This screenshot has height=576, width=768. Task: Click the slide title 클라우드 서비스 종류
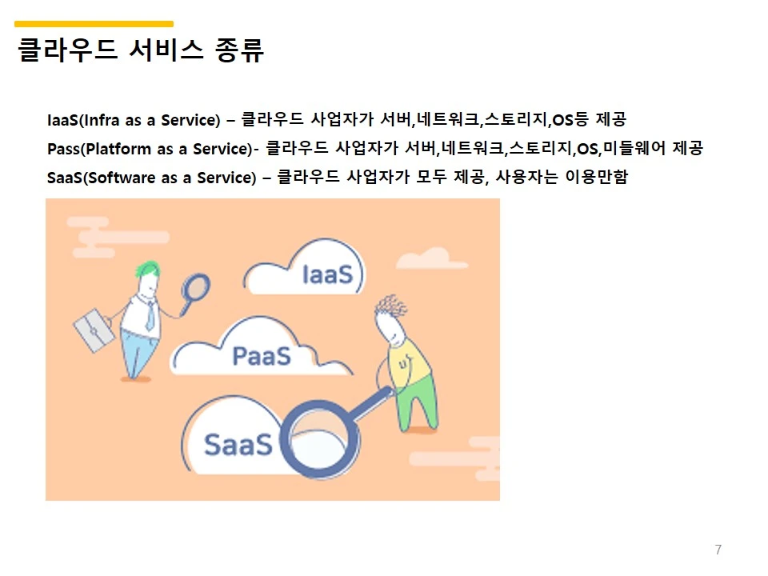[140, 50]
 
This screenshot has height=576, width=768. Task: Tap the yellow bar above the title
[94, 24]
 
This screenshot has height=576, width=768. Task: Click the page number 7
[718, 550]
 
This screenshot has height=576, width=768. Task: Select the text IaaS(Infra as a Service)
[134, 121]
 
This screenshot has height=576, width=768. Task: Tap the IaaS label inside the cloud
[327, 275]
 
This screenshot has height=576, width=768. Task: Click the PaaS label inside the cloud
[261, 356]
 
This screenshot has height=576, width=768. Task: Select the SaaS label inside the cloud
[238, 444]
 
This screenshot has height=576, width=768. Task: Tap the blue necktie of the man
[149, 315]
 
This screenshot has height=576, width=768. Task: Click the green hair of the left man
[147, 269]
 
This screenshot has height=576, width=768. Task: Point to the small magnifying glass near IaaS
[195, 286]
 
